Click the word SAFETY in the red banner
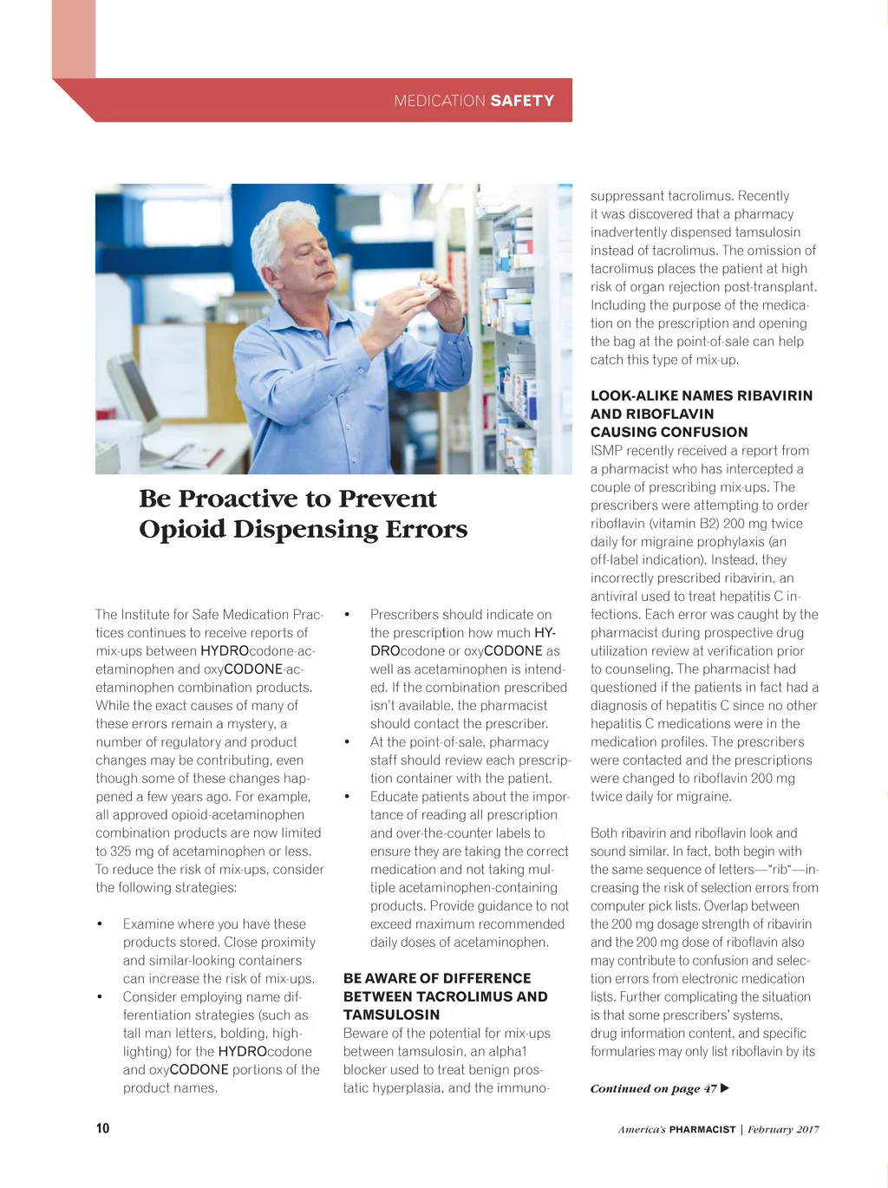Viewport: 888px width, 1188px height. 522,101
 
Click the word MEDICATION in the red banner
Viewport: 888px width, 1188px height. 440,101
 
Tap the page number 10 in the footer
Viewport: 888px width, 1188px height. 102,1128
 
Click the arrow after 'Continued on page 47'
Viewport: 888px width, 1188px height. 725,1088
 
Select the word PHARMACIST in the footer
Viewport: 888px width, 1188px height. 702,1129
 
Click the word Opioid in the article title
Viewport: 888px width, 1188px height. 182,529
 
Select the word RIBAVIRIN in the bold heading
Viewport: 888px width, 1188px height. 762,395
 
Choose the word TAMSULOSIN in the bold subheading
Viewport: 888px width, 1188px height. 391,1015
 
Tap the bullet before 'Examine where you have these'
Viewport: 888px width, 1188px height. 101,924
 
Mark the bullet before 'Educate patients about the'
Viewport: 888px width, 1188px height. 347,797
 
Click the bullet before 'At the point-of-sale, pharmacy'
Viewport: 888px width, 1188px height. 347,742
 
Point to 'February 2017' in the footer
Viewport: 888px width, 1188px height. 783,1129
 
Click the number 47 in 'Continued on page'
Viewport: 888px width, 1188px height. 710,1088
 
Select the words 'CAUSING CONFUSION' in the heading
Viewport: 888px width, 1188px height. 669,432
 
